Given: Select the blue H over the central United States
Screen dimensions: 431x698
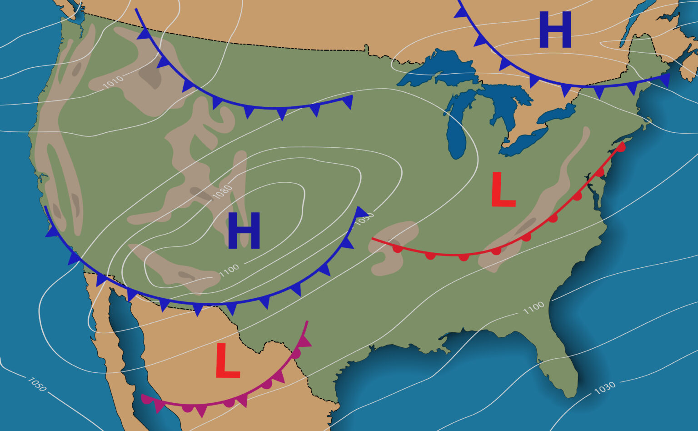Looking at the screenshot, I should point(244,231).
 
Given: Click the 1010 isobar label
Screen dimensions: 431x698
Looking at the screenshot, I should point(113,82).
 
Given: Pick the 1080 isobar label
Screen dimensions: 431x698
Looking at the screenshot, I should point(223,192).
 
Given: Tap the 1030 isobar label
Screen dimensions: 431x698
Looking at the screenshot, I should point(605,387).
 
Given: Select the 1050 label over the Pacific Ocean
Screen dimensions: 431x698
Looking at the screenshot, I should point(37,384).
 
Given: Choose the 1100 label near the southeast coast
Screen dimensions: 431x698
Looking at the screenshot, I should point(533,308).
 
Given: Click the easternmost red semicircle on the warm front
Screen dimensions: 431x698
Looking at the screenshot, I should point(621,147).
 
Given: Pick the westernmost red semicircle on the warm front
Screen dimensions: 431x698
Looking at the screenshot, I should point(398,248).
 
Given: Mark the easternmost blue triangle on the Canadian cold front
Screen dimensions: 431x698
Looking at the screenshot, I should point(665,80).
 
